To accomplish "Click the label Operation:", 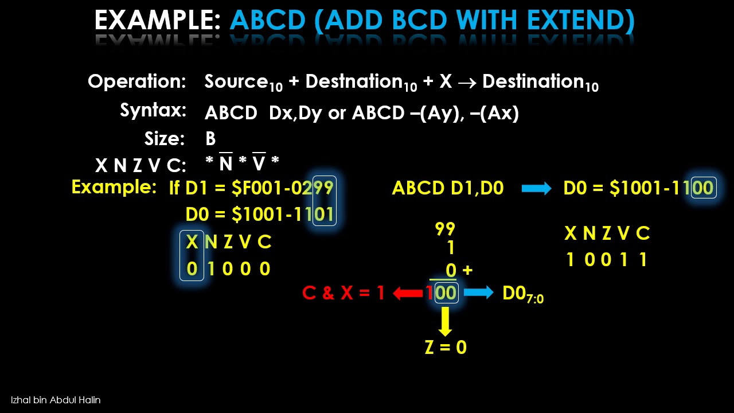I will click(x=137, y=81).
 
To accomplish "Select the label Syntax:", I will click(x=153, y=110).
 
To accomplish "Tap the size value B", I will click(x=210, y=139).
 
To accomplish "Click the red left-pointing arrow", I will click(x=408, y=293).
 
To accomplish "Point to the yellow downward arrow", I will click(x=445, y=322).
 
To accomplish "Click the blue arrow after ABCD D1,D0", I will click(x=537, y=188).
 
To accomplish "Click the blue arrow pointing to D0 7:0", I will click(x=478, y=293).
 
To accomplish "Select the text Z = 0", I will click(x=446, y=347).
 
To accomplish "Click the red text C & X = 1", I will click(x=343, y=293).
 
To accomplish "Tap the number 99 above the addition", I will click(x=445, y=229).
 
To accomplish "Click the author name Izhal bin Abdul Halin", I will click(x=56, y=400).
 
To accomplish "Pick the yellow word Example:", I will click(x=114, y=187).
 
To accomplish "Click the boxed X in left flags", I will click(x=192, y=242).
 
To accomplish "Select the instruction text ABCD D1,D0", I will click(x=447, y=188).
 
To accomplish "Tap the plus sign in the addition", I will click(x=467, y=270).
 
